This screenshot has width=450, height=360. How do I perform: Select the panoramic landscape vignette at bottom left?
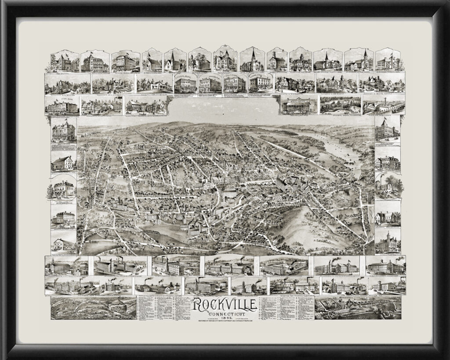pos(93,307)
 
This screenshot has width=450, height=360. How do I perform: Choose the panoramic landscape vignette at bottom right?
pos(358,307)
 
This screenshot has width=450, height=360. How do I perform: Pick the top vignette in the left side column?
pos(63,130)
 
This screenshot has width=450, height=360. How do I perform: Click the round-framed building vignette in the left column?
pos(63,187)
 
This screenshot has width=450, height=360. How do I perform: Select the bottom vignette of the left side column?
pos(63,242)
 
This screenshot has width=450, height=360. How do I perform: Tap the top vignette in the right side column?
pos(387,129)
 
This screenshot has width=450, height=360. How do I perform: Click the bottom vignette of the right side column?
pos(388,242)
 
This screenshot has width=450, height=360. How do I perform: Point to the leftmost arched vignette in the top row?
pos(64,61)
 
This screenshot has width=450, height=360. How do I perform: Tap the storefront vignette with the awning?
pos(298,105)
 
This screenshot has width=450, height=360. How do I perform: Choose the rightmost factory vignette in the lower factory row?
pos(388,285)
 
